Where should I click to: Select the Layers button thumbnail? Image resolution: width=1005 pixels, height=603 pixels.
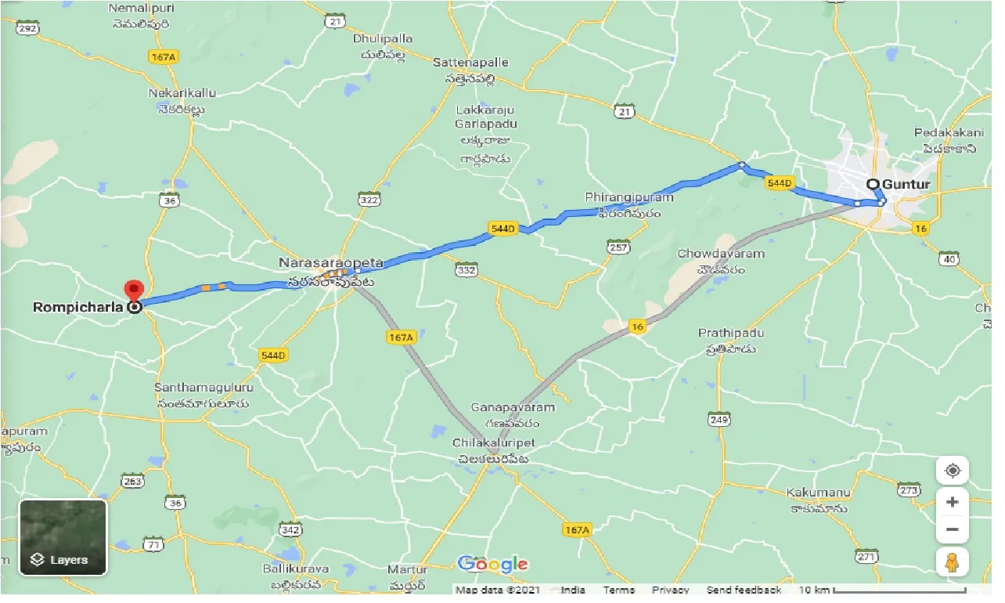point(63,537)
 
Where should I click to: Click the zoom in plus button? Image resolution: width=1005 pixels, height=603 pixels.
point(952,501)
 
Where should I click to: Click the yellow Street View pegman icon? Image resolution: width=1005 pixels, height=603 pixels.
point(952,562)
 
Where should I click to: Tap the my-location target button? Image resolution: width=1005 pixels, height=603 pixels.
point(952,471)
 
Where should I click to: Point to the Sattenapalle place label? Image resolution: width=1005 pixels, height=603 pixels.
point(471,62)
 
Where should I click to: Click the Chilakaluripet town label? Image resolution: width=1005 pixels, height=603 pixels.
point(492,443)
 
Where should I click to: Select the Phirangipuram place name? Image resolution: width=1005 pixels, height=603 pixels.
point(629,197)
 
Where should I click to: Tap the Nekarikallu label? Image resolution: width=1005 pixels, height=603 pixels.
point(182,93)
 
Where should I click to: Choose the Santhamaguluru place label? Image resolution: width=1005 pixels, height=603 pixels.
point(204,388)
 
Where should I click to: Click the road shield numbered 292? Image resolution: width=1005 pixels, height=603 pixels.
point(27,28)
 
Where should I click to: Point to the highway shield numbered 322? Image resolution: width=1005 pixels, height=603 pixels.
point(369,200)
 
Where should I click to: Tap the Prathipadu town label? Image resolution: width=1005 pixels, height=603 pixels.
point(731,334)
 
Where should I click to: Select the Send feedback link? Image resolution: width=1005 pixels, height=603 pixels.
point(743,590)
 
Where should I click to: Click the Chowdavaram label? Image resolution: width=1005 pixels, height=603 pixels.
point(721,254)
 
